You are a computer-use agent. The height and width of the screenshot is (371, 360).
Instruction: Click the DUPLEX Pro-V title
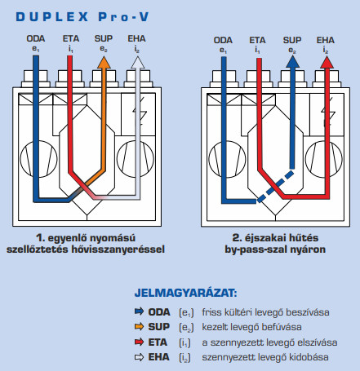coord(82,17)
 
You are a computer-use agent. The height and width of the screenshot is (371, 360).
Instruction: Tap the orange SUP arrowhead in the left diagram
coord(104,63)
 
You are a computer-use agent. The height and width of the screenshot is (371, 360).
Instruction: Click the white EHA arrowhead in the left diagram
coord(138,63)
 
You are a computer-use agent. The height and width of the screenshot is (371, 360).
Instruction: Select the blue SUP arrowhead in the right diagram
coord(292,62)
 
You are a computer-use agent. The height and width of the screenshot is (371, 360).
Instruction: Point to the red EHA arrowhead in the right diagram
coord(327,62)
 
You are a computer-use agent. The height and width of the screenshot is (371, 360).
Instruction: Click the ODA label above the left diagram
coord(36,38)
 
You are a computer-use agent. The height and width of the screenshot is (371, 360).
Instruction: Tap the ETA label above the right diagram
coord(257,40)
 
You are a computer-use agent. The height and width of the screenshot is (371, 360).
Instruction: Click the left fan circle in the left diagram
coord(39,159)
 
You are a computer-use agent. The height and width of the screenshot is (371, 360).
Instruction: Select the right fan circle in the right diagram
coord(324,159)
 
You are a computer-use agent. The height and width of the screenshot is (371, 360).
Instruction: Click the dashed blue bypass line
coord(275,187)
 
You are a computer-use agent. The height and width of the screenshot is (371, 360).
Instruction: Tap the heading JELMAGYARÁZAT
coord(186,293)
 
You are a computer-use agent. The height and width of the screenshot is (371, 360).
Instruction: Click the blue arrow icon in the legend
coord(139,311)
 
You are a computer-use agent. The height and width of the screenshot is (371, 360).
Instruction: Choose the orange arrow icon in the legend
coord(139,326)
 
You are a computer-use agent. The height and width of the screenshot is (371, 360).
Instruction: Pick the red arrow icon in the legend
coord(139,342)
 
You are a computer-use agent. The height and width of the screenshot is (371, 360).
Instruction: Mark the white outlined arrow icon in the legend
coord(139,357)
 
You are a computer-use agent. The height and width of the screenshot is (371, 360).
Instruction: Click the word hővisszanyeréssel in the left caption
coord(118,250)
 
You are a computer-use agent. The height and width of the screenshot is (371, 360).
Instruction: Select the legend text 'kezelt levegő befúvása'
coord(251,327)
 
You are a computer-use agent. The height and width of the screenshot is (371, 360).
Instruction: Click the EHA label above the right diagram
coord(326,40)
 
